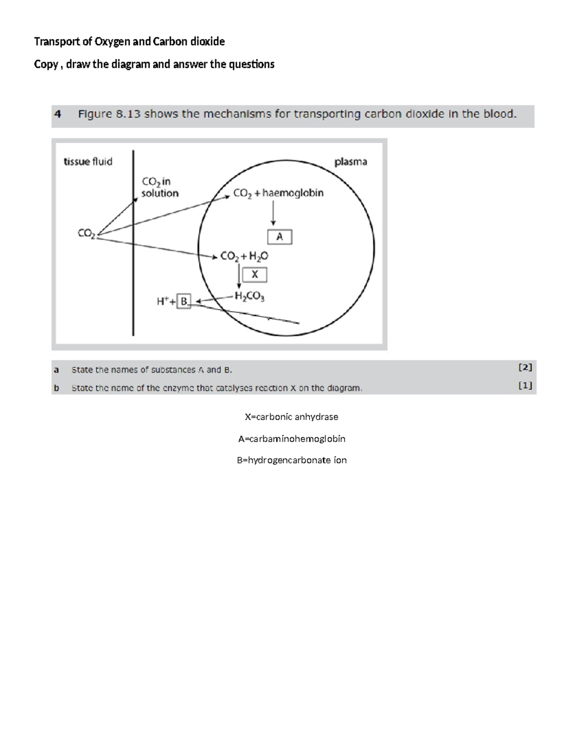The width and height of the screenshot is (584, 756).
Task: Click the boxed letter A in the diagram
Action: pos(280,237)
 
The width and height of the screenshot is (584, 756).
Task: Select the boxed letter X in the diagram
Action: pos(255,275)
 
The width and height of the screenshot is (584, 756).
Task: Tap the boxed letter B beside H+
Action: pos(184,301)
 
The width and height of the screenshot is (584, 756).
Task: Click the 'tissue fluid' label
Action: pos(88,162)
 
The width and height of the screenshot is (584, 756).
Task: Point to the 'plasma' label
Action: pos(350,162)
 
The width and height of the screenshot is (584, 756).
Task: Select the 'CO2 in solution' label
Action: pos(160,187)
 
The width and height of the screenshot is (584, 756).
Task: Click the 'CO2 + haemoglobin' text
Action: pos(278,193)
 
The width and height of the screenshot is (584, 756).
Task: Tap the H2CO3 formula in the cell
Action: pos(250,296)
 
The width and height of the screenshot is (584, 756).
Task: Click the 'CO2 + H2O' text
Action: pos(244,256)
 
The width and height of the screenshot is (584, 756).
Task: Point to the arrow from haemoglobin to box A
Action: pos(274,213)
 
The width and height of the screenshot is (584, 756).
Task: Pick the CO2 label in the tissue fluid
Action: pos(86,233)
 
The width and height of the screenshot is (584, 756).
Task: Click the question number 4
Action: pos(58,114)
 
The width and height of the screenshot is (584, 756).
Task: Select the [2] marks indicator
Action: pos(525,368)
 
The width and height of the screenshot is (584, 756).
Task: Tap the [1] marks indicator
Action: pos(525,386)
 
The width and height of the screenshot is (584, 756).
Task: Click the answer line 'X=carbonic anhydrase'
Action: pos(292,417)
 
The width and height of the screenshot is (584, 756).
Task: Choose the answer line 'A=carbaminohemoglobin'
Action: pos(292,439)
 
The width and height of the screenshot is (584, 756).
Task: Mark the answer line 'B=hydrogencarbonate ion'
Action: pos(292,460)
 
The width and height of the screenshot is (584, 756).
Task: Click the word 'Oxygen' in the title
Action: pos(112,42)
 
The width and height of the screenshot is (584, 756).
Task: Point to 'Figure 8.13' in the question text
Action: pos(109,114)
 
